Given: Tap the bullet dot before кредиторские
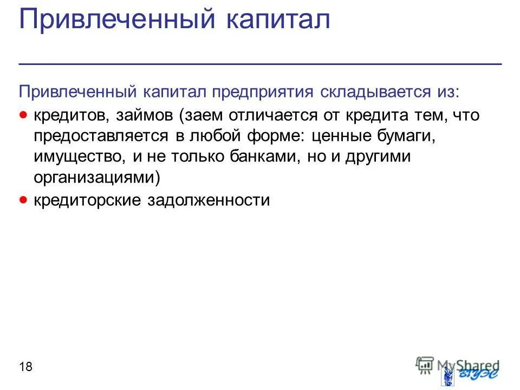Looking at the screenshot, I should point(23,200).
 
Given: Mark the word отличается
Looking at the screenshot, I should point(271,115).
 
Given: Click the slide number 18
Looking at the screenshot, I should point(25,367).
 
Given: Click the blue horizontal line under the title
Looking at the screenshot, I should point(260,64).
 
